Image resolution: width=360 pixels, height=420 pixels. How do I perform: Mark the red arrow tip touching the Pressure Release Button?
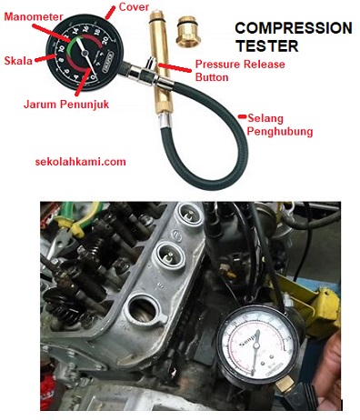161,65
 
